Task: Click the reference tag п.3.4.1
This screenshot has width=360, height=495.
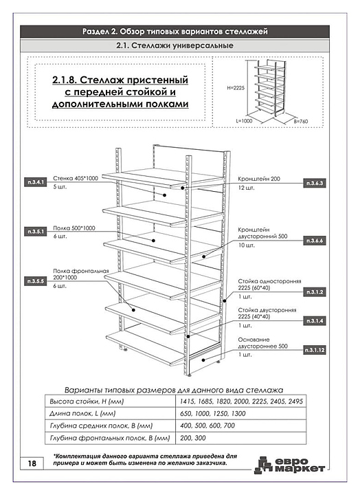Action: click(x=35, y=182)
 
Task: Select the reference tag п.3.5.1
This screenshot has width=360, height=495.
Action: click(x=35, y=232)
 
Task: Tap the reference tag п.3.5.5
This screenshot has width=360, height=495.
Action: click(x=35, y=281)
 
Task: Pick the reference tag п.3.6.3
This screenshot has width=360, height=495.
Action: click(x=314, y=183)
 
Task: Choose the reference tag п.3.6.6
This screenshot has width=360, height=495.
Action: click(x=314, y=241)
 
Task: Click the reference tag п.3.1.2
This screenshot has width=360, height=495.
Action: click(x=314, y=292)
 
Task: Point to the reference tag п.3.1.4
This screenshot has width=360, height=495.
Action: click(x=314, y=321)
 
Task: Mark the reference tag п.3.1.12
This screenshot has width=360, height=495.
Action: click(x=314, y=350)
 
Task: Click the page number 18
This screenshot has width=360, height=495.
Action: click(x=32, y=463)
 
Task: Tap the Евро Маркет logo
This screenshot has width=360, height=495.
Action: click(x=290, y=465)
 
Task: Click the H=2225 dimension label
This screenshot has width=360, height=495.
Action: click(x=236, y=88)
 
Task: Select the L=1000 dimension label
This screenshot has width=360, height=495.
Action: click(x=244, y=120)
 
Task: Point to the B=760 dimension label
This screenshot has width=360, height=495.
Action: click(x=301, y=121)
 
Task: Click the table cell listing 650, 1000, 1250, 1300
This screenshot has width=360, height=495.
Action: click(x=240, y=414)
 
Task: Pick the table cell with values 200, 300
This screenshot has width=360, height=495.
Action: click(x=240, y=438)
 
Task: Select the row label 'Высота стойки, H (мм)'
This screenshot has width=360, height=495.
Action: click(x=87, y=401)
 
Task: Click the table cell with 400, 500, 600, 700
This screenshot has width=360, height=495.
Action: click(x=240, y=426)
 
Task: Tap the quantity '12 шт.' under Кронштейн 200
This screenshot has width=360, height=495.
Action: click(x=246, y=188)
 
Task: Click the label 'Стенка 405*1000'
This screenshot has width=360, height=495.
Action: click(x=76, y=178)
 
